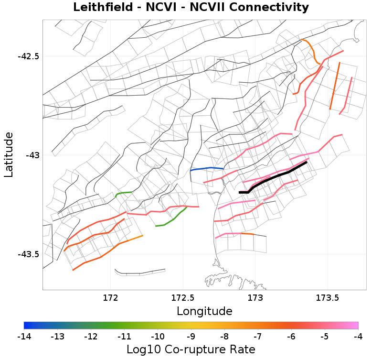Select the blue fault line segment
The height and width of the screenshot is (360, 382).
pos(207,168)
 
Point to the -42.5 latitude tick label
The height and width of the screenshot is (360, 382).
pos(28,56)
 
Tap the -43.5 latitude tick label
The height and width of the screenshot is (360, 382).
pos(28,254)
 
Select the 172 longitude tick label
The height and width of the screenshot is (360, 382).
pos(110,298)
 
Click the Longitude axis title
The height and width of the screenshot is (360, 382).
pos(204,311)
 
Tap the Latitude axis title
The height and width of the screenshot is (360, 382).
pos(9,155)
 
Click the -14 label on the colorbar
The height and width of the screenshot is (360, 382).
pos(24,337)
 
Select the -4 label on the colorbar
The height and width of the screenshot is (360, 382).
pos(358,337)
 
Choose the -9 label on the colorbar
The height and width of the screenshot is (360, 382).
pos(191,337)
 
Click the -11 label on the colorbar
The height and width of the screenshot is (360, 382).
pos(124,337)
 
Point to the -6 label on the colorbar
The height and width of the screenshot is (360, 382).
pos(291,337)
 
